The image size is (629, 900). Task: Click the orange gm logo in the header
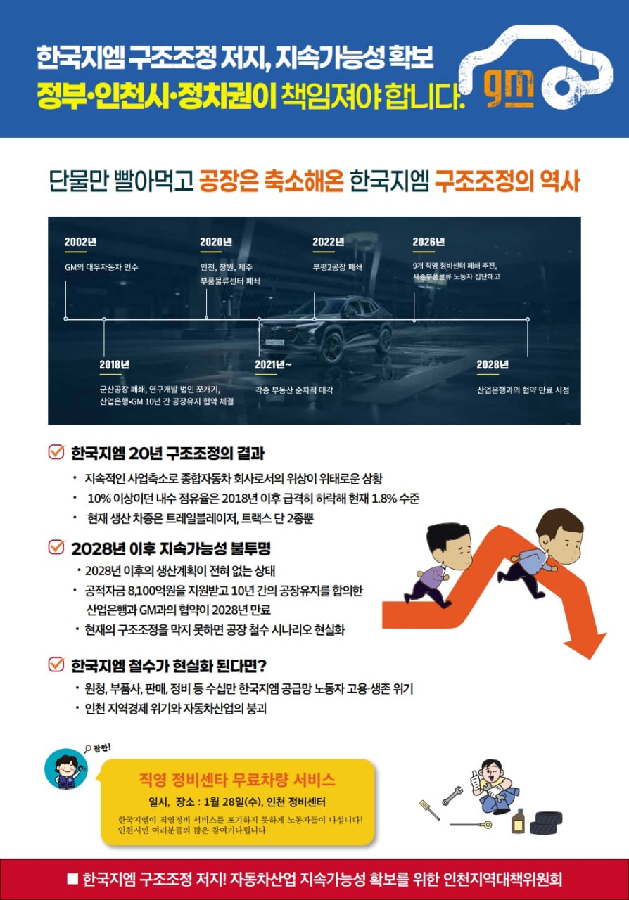tap(509, 89)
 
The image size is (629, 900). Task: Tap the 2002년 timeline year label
tap(80, 242)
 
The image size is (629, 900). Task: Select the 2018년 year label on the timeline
tap(115, 364)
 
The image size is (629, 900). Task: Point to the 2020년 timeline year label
tap(216, 242)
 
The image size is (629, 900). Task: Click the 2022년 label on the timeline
tap(329, 242)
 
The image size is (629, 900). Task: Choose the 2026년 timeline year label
tap(428, 242)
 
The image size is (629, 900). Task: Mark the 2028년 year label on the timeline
tap(493, 364)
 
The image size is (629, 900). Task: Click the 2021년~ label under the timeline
tap(273, 364)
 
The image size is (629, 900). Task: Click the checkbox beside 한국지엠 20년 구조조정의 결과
tap(56, 452)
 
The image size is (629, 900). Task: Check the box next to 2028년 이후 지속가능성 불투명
tap(56, 547)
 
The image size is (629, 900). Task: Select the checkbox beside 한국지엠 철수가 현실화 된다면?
tap(56, 664)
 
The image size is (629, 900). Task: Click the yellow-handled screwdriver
tap(429, 810)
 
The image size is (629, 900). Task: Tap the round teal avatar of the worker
tap(66, 769)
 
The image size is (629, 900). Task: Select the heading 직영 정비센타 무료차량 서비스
tap(237, 780)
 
